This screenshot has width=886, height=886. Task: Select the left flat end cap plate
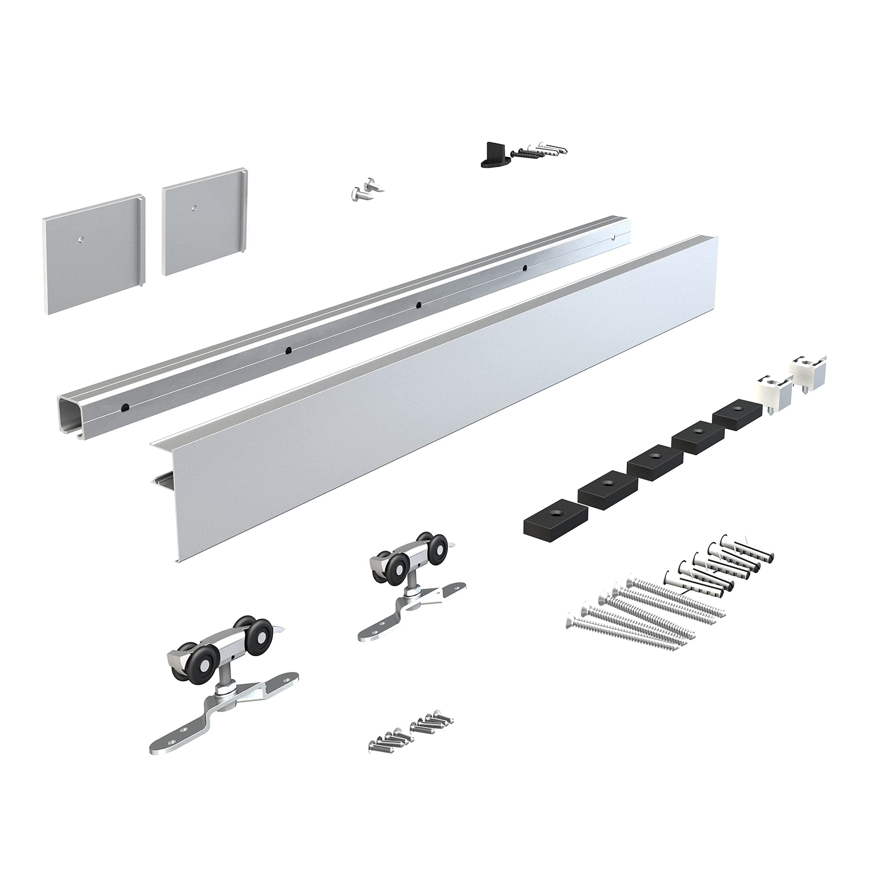coord(92,254)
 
